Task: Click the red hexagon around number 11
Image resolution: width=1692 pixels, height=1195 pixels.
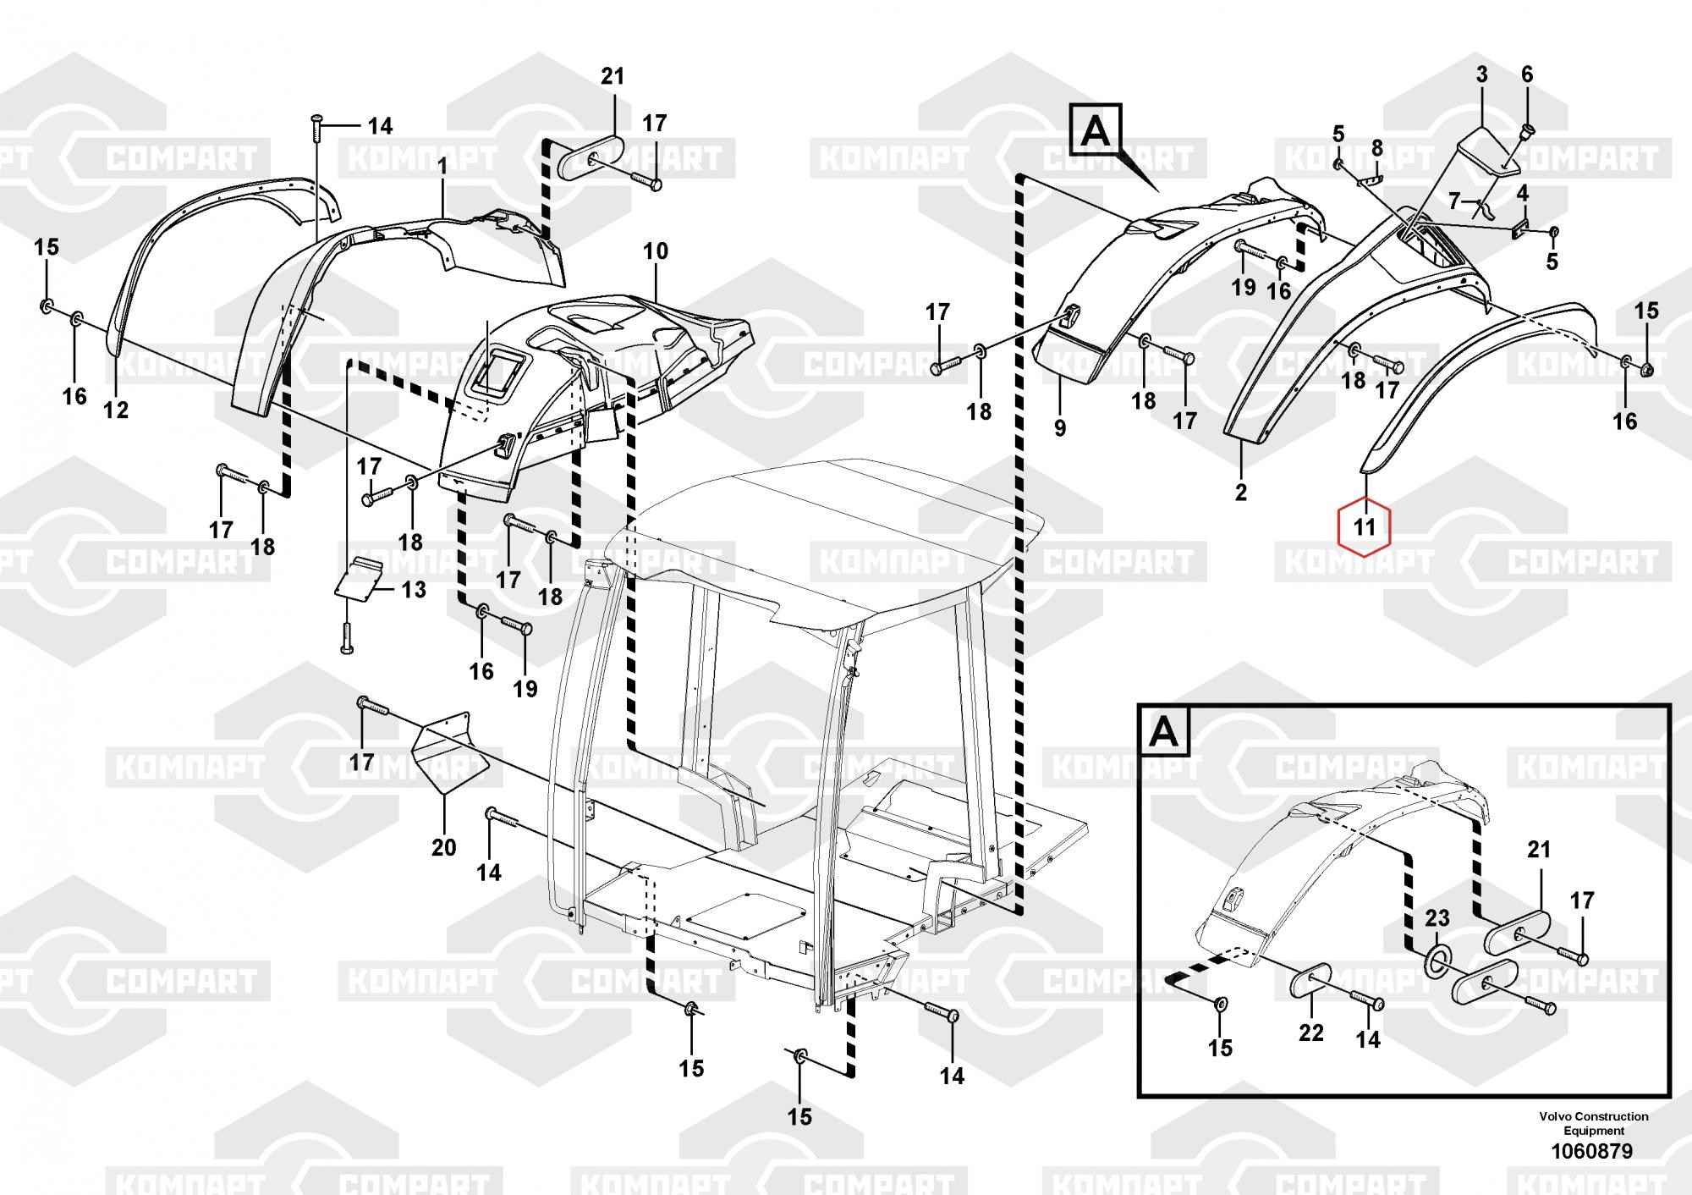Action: click(1364, 526)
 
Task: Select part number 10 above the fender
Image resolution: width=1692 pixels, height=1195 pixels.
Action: click(656, 251)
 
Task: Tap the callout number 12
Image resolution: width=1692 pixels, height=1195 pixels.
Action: click(115, 410)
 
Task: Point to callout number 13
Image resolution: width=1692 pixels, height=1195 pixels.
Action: click(414, 589)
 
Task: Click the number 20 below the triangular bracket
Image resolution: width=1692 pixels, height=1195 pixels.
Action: click(444, 846)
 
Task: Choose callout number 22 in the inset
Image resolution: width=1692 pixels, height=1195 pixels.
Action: click(1310, 1033)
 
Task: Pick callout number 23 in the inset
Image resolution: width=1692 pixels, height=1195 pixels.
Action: click(1437, 917)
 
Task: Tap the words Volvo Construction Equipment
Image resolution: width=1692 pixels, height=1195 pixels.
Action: click(1593, 1123)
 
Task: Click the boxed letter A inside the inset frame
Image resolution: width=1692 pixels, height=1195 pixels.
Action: click(1165, 731)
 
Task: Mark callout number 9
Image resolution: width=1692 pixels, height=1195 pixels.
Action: click(1060, 428)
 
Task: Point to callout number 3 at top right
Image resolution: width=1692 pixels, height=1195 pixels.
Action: click(1482, 74)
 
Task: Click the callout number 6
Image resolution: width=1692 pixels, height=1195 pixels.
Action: click(1527, 74)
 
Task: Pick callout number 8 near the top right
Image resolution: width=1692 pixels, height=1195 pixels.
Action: click(1376, 149)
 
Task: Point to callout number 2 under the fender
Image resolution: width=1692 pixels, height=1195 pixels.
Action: click(1240, 492)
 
